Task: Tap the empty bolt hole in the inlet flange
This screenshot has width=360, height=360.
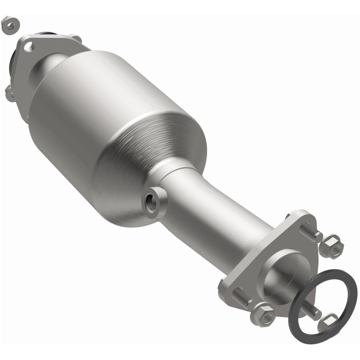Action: pos(29,45)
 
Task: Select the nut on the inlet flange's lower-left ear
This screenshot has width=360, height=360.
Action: pos(10,93)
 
